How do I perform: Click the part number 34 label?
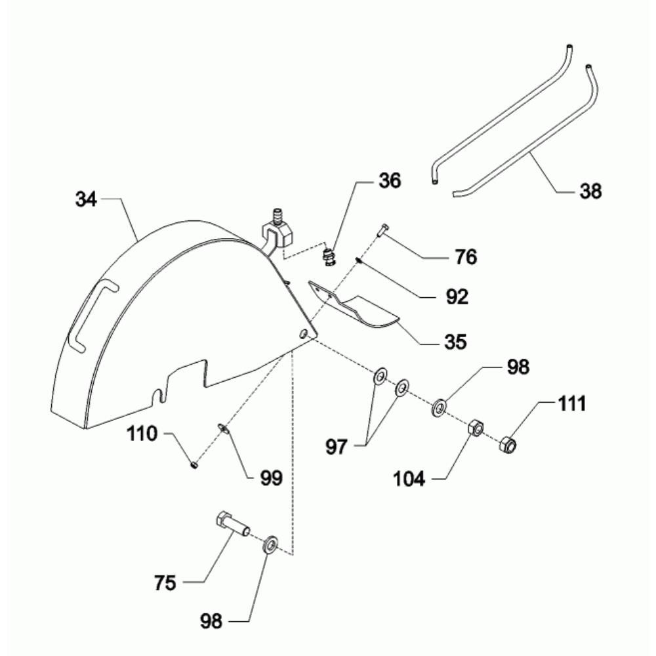pyautogui.click(x=86, y=199)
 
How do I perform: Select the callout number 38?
pyautogui.click(x=590, y=191)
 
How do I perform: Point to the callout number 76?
pyautogui.click(x=466, y=256)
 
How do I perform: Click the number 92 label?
pyautogui.click(x=457, y=297)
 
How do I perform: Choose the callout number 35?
pyautogui.click(x=456, y=341)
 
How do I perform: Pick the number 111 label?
pyautogui.click(x=572, y=404)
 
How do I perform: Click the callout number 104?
pyautogui.click(x=409, y=478)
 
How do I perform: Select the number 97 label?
pyautogui.click(x=337, y=447)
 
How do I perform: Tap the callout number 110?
pyautogui.click(x=142, y=434)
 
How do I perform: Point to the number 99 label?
pyautogui.click(x=271, y=478)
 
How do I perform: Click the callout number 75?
pyautogui.click(x=165, y=583)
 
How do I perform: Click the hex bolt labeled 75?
pyautogui.click(x=232, y=523)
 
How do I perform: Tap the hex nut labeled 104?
pyautogui.click(x=475, y=427)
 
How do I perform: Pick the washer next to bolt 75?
pyautogui.click(x=271, y=544)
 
